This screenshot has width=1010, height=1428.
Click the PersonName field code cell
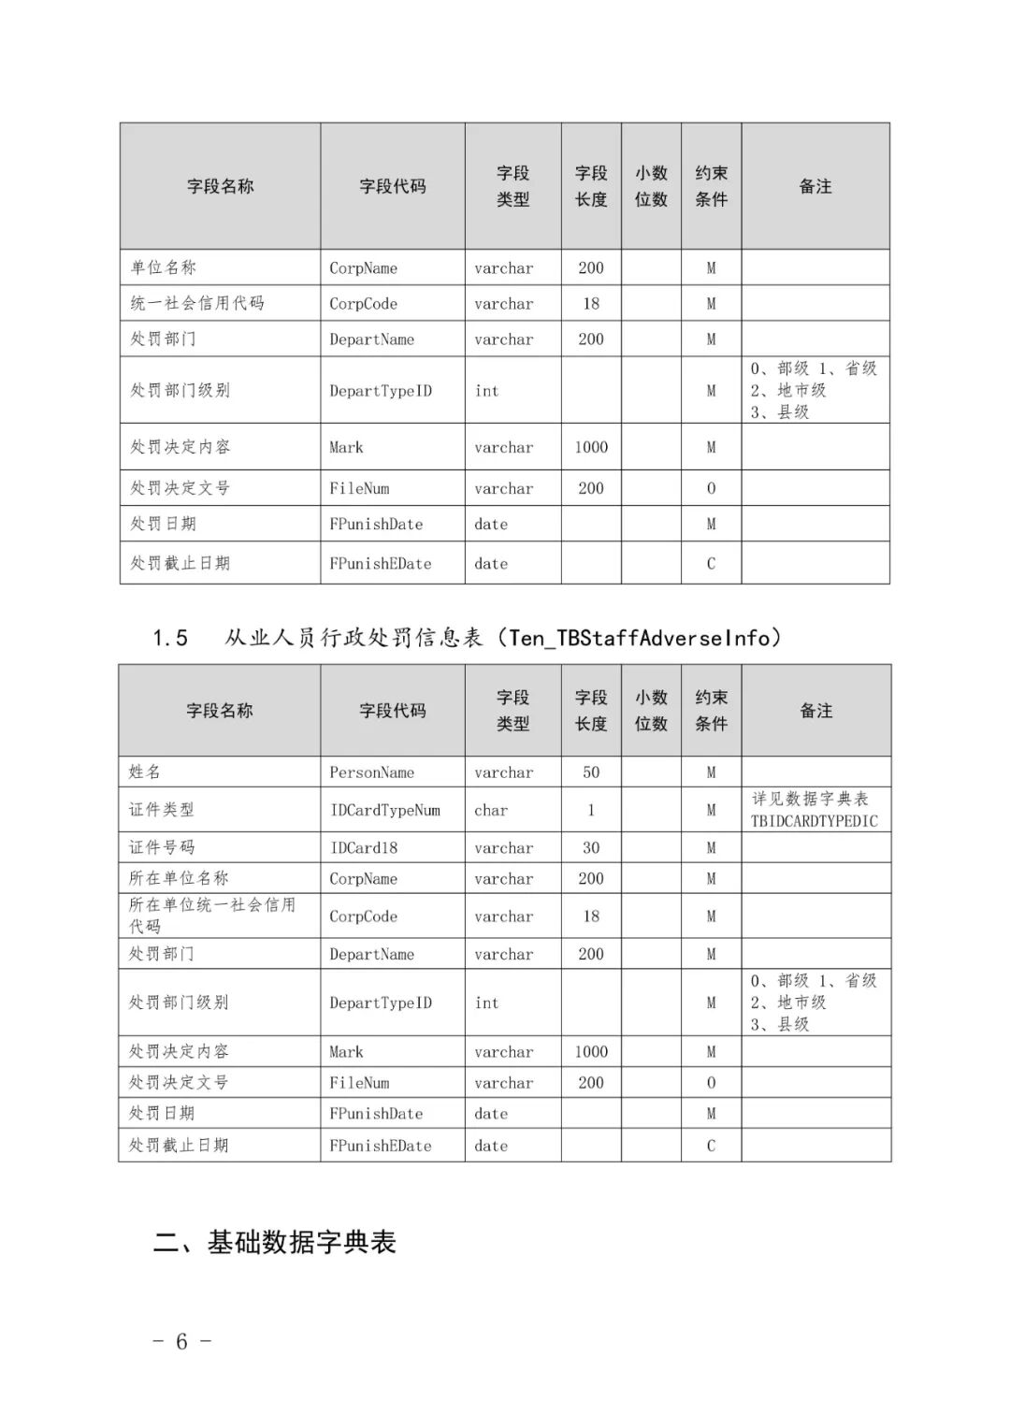coord(371,772)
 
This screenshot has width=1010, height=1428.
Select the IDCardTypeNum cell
coord(384,810)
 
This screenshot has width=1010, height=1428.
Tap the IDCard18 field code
coord(363,847)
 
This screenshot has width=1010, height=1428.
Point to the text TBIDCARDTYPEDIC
coord(814,821)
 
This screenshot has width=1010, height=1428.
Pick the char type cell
coord(491,810)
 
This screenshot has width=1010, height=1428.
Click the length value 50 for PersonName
coord(591,772)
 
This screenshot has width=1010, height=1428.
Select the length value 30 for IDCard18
coord(591,847)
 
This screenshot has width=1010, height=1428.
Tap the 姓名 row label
coord(145,772)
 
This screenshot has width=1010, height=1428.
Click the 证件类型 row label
coord(161,810)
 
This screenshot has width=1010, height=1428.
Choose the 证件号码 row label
coord(161,847)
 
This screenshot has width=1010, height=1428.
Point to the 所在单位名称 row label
coord(178,878)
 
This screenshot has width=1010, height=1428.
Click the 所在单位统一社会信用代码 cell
coord(211,916)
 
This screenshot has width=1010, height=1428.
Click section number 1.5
coord(170,639)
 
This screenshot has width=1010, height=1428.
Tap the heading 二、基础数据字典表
coord(275,1242)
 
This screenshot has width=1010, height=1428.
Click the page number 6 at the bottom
coord(181,1341)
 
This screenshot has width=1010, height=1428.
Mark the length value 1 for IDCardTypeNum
coord(591,810)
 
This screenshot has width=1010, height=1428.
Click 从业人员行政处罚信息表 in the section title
coord(353,638)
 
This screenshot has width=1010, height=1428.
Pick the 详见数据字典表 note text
coord(810,799)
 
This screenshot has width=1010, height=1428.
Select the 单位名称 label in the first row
coord(163,267)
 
